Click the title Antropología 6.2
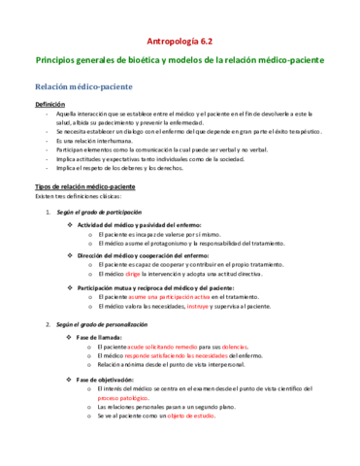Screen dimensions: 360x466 (x=180, y=42)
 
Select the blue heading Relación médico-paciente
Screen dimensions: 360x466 (x=82, y=87)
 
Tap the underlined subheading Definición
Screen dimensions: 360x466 (x=51, y=104)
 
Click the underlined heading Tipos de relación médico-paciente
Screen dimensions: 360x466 (x=85, y=185)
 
